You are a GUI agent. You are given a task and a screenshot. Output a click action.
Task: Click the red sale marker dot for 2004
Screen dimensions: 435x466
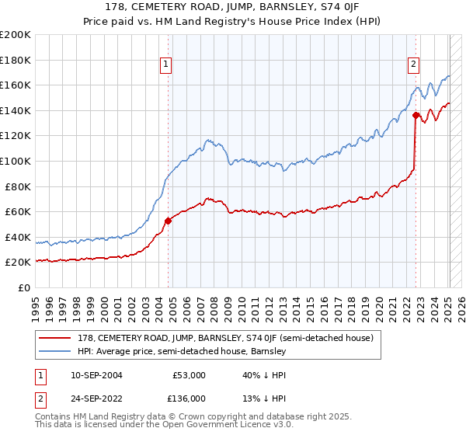point(168,221)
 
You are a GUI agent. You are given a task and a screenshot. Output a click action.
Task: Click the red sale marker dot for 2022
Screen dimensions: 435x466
point(416,116)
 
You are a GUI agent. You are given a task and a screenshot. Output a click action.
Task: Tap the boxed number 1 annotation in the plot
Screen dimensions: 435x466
point(166,64)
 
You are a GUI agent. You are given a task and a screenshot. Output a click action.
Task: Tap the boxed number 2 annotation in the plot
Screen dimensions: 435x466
point(414,64)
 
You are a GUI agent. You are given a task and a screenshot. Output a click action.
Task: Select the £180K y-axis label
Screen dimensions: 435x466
point(15,59)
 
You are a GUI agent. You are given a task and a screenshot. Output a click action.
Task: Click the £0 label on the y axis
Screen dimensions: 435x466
point(24,287)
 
